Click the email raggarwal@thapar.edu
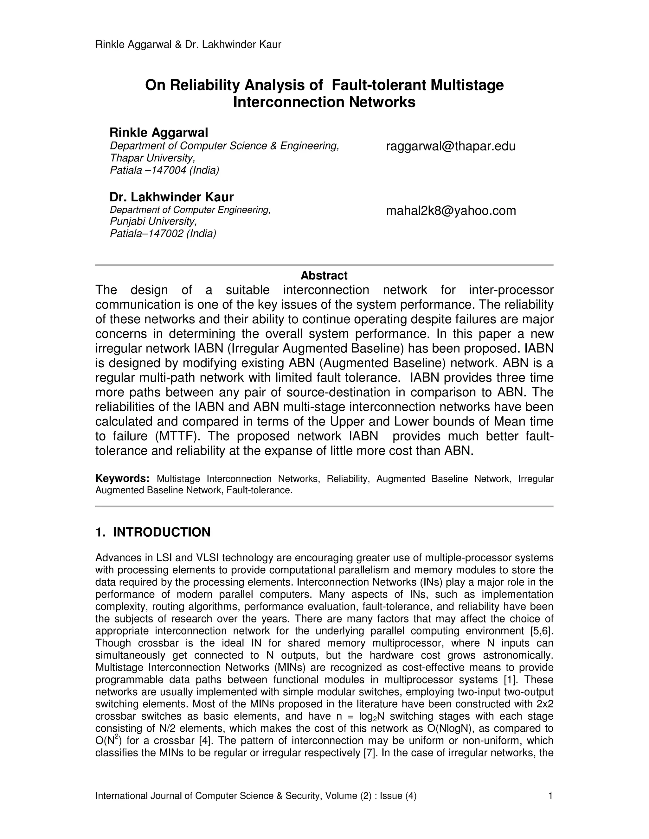point(450,146)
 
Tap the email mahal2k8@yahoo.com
point(451,211)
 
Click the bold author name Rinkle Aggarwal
point(158,133)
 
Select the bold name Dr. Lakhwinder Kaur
point(171,197)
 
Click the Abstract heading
point(324,275)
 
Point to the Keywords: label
point(122,479)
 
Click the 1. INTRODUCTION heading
point(153,532)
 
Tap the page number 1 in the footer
point(550,796)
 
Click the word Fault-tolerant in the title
point(379,85)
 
